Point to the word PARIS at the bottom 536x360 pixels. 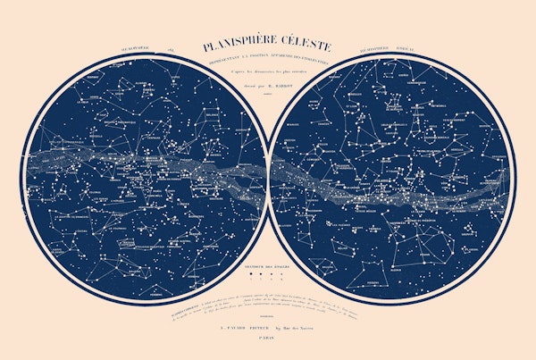point(268,338)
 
